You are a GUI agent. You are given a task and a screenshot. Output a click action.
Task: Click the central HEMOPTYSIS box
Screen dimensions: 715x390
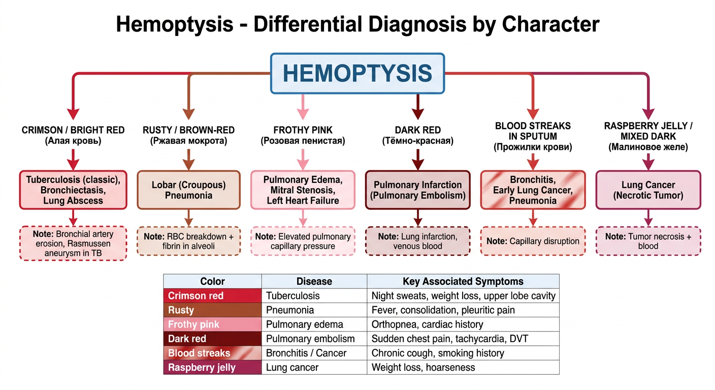[x=357, y=74]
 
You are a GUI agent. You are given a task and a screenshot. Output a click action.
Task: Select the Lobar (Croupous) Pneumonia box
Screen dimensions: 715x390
[x=188, y=190]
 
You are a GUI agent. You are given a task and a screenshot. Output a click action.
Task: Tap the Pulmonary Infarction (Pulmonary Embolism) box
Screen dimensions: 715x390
[x=418, y=190]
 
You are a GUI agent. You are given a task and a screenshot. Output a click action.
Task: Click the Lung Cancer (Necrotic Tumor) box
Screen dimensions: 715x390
[x=648, y=190]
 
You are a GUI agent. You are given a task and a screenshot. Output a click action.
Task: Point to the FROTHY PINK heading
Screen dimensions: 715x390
[x=303, y=130]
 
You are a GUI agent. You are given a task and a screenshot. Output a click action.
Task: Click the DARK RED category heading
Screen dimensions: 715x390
[x=418, y=130]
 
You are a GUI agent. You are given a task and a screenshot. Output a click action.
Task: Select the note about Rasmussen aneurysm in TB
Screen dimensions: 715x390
[x=73, y=244]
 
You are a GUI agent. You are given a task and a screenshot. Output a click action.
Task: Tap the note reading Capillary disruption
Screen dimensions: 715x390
[x=533, y=241]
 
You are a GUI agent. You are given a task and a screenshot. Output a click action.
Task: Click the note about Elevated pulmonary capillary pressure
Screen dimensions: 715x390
[x=303, y=241]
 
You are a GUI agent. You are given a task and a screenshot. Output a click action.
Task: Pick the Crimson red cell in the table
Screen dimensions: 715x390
[x=213, y=296]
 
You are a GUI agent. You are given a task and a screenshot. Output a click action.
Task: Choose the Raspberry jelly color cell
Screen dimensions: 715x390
[x=213, y=367]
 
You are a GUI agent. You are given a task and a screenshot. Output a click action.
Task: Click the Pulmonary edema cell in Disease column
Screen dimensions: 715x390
[x=314, y=324]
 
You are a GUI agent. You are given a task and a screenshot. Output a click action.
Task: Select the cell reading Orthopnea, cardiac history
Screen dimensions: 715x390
[x=463, y=324]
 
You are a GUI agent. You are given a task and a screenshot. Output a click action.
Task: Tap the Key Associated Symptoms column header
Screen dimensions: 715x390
[x=463, y=281]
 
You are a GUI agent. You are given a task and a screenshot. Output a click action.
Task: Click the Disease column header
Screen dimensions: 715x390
[x=314, y=281]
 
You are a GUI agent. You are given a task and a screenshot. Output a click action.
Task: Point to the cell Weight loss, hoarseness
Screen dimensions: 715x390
[x=463, y=367]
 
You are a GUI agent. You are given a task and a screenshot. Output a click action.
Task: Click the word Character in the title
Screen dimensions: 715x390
[x=550, y=24]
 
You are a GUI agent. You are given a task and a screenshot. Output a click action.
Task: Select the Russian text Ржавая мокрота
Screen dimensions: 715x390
[x=188, y=141]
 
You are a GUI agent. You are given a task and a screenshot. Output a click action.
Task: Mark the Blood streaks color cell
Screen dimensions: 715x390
[x=213, y=353]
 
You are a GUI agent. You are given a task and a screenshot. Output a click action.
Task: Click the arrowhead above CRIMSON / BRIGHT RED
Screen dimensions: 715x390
[x=73, y=114]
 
